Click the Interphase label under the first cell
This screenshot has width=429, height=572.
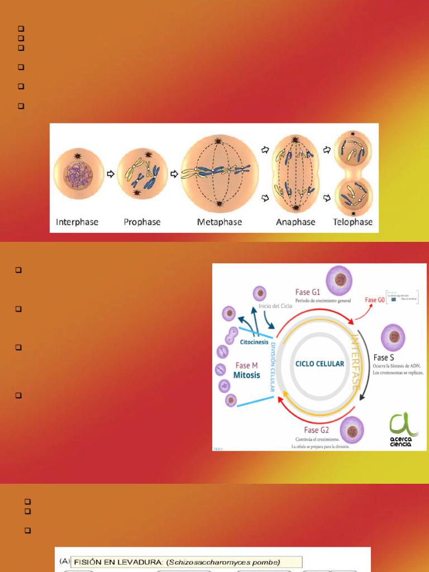tap(77, 222)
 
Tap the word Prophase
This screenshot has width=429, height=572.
tap(142, 222)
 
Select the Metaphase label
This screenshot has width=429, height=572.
tap(220, 222)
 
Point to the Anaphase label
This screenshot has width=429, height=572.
tap(295, 222)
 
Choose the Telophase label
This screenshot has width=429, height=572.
tap(352, 222)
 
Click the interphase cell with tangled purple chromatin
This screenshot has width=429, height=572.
tap(78, 174)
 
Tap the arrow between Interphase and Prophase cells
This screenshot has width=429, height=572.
tap(111, 174)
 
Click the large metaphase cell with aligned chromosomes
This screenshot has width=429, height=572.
tap(220, 173)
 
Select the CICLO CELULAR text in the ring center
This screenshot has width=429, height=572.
tap(320, 364)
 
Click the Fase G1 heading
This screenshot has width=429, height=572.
tap(308, 292)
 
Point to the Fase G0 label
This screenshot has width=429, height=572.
tap(375, 300)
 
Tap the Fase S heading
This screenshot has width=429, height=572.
tap(384, 357)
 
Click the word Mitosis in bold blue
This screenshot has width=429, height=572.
tap(247, 375)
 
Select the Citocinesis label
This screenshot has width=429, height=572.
tap(254, 342)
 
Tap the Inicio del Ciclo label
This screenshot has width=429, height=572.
tap(275, 307)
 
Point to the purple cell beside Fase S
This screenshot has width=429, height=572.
tap(393, 337)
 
